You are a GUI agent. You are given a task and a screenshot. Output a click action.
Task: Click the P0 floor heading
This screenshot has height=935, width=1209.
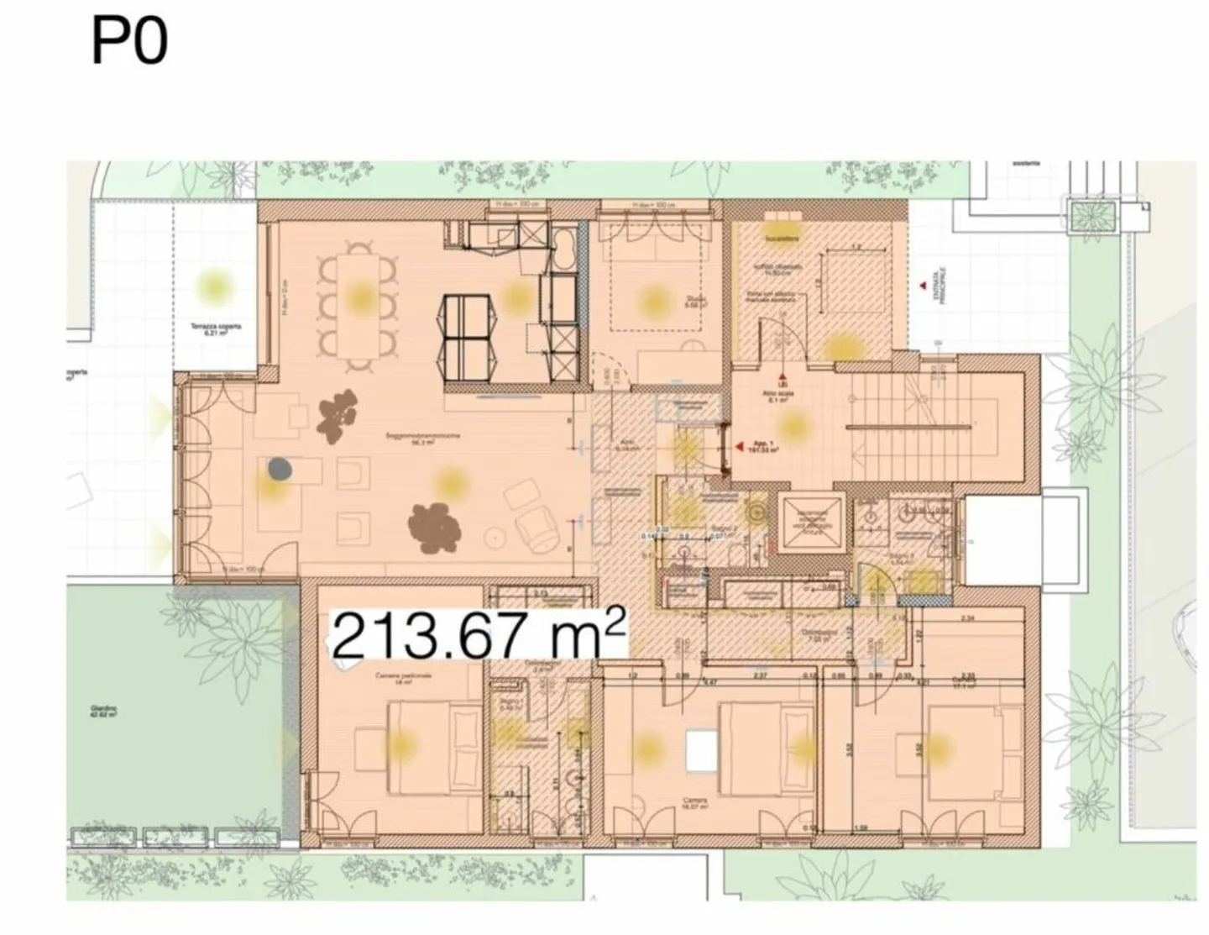[x=128, y=42]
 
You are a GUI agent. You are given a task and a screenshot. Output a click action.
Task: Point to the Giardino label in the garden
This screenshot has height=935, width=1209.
[x=103, y=712]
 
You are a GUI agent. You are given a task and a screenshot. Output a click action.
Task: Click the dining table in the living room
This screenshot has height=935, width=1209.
[x=359, y=307]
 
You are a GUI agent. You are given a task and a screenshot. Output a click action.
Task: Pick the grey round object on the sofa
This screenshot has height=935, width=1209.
[x=279, y=470]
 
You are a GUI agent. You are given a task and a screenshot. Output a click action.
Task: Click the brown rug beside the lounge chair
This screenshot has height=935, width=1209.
[x=435, y=528]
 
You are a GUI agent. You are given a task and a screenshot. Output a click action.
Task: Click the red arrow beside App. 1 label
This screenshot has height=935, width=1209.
[x=739, y=448]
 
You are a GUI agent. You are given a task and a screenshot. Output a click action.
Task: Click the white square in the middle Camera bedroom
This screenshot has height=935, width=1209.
[x=699, y=750]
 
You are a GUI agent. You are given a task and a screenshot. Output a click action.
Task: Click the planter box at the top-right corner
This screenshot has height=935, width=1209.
[x=1091, y=215]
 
